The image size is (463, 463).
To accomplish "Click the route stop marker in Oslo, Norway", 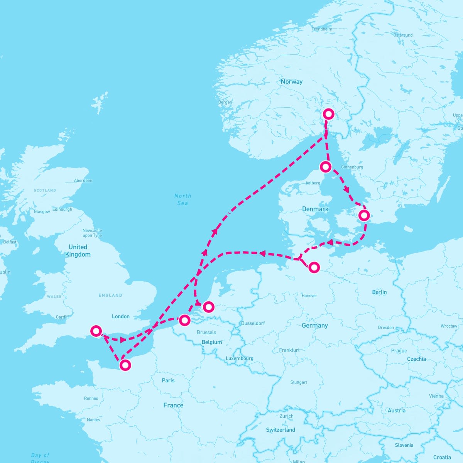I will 328,114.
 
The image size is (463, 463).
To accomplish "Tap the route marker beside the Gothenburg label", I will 326,167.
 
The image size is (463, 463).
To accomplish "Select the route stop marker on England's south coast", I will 96,331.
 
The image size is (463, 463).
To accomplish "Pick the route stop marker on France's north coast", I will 125,365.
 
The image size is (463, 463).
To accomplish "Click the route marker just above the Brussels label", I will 185,320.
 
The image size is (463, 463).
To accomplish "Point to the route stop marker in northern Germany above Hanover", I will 314,267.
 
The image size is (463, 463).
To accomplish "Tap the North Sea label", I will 182,199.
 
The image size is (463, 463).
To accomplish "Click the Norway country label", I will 291,82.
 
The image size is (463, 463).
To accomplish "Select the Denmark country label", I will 315,209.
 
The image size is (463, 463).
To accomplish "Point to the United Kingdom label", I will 78,251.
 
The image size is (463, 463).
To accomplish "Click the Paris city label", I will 168,380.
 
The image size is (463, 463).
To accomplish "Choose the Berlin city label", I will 379,292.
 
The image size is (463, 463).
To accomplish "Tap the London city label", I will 121,316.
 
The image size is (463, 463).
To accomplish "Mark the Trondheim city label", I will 322,29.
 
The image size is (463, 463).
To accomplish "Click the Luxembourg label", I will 239,358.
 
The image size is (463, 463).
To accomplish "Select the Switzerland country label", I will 281,430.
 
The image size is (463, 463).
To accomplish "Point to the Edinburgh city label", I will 62,210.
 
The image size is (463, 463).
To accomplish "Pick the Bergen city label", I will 225,102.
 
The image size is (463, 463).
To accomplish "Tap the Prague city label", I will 399,351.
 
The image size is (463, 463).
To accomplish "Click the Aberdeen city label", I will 83,181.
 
